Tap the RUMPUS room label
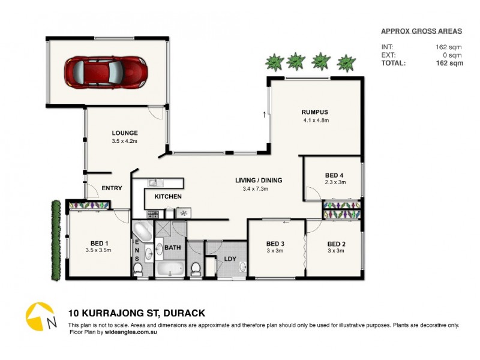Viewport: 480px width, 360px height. click(316, 112)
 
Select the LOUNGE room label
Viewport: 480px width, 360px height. click(125, 133)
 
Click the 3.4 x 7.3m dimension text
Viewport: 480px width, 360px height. click(259, 189)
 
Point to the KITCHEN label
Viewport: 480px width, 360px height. click(168, 197)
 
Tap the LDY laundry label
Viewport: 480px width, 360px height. click(230, 259)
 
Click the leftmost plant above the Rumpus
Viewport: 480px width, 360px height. click(274, 61)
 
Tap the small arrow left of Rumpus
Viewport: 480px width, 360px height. click(263, 113)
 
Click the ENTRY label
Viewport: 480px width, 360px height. click(112, 188)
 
